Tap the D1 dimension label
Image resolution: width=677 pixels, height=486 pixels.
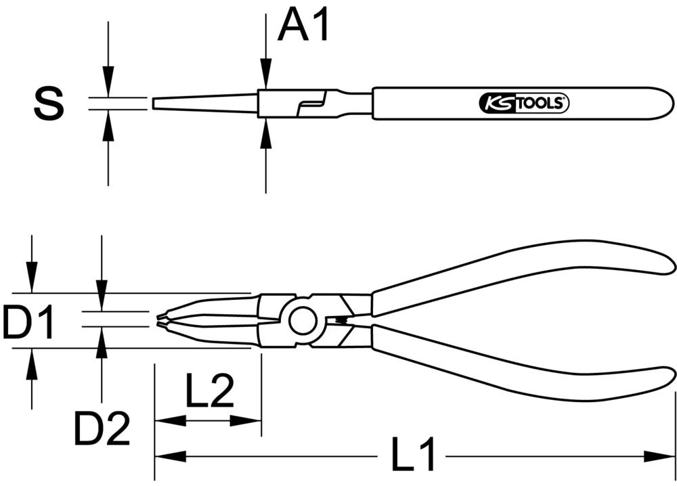point(28,322)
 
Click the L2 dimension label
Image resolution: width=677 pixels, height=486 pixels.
point(209,391)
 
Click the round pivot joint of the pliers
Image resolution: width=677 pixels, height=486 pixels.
point(303,320)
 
